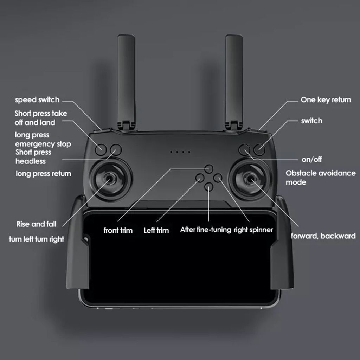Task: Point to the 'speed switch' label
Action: pyautogui.click(x=37, y=100)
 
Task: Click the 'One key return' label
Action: pyautogui.click(x=326, y=100)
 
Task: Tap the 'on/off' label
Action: pyautogui.click(x=311, y=160)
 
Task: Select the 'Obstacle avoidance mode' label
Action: pyautogui.click(x=320, y=178)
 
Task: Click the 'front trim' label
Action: pyautogui.click(x=118, y=231)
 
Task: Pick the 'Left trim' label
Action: pyautogui.click(x=156, y=231)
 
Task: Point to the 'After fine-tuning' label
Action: pyautogui.click(x=206, y=230)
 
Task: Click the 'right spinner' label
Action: pyautogui.click(x=253, y=230)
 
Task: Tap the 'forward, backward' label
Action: pyautogui.click(x=323, y=236)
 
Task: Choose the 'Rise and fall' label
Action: pyautogui.click(x=36, y=224)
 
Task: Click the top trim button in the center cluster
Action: pyautogui.click(x=209, y=168)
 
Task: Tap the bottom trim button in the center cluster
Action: pyautogui.click(x=209, y=187)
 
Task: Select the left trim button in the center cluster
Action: pyautogui.click(x=199, y=178)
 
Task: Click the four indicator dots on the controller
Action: pyautogui.click(x=180, y=152)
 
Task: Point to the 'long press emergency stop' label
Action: pyautogui.click(x=43, y=140)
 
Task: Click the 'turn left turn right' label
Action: pyautogui.click(x=37, y=239)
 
